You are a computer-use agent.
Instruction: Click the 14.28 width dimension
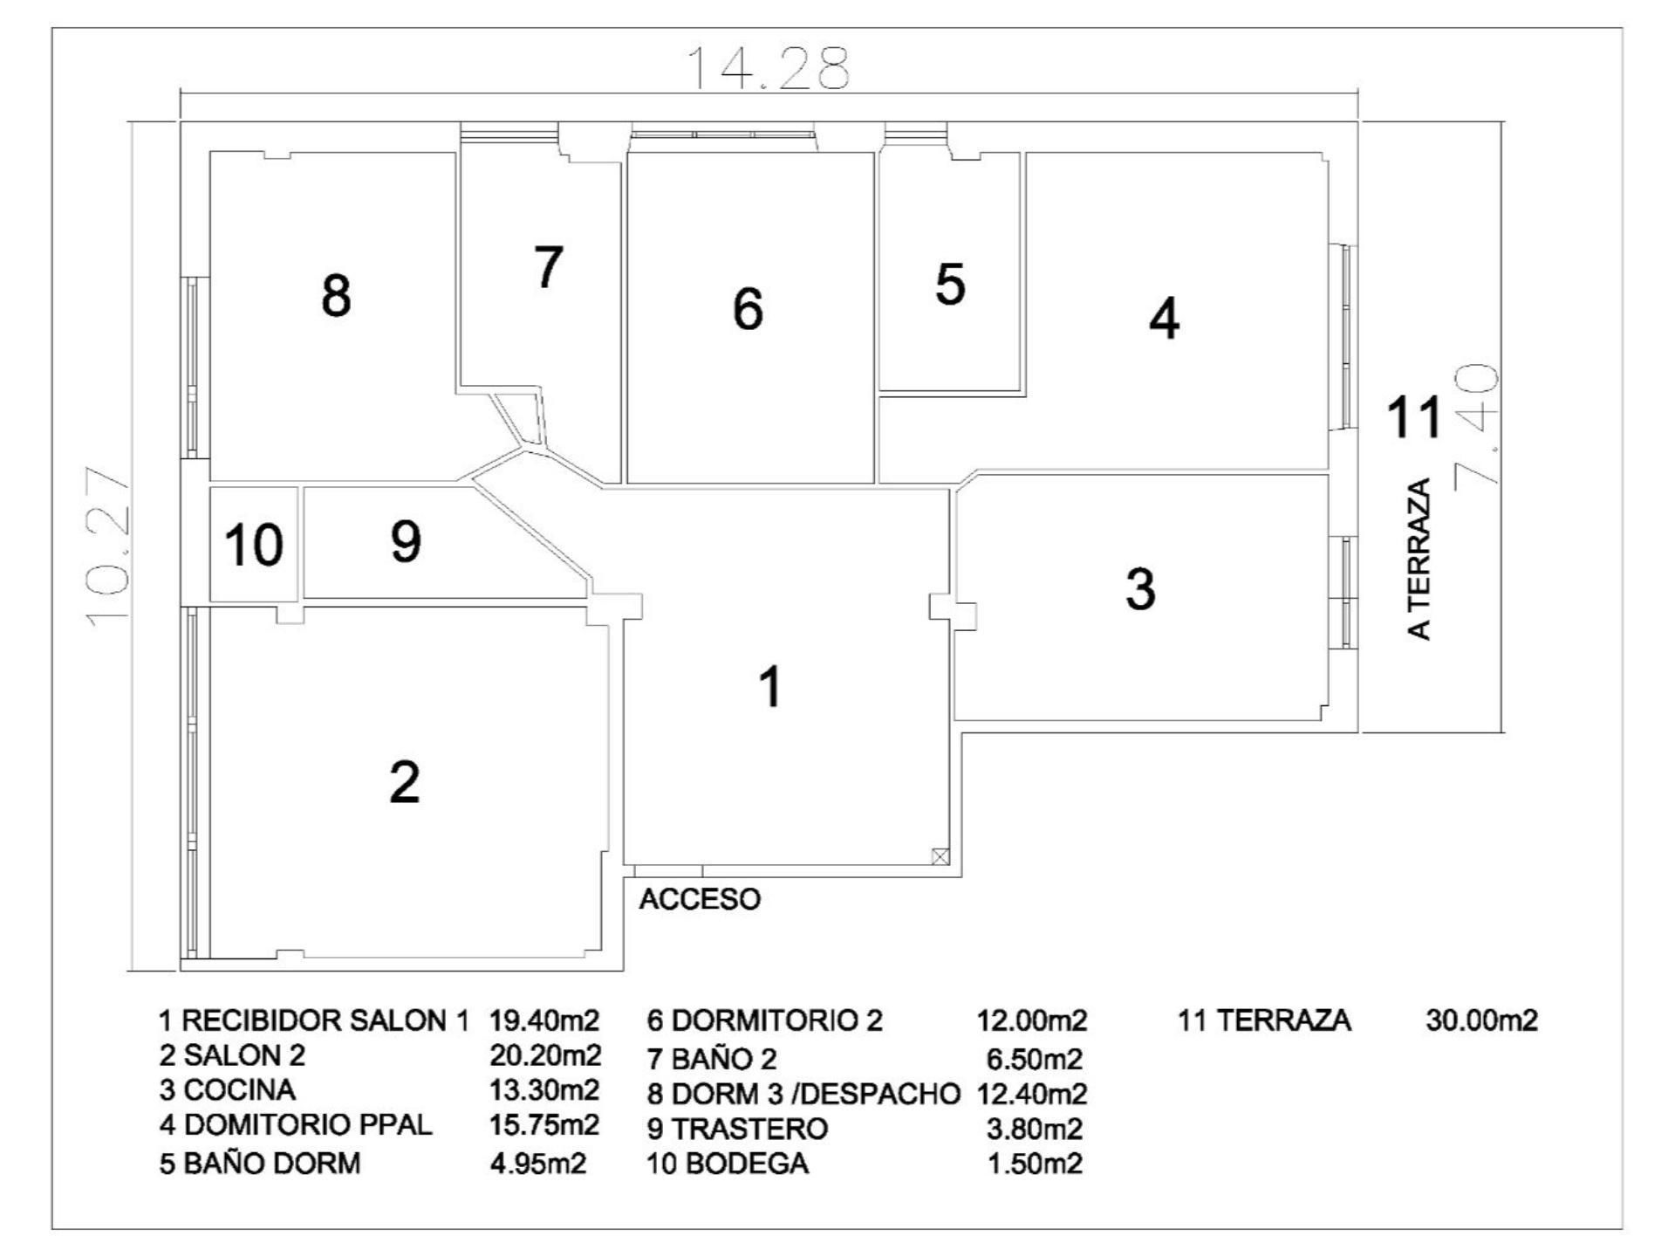[x=768, y=69]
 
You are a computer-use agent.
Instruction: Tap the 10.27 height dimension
[x=109, y=546]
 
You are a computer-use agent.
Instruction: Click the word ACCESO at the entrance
[x=700, y=899]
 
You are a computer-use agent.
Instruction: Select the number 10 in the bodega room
[x=253, y=545]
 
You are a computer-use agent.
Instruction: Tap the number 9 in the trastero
[x=406, y=541]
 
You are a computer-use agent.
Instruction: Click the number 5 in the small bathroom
[x=950, y=285]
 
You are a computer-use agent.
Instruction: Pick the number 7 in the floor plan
[x=548, y=267]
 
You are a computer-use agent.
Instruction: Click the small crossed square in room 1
[x=940, y=856]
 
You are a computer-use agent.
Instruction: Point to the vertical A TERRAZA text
[x=1421, y=559]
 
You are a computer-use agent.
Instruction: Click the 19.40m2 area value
[x=544, y=1020]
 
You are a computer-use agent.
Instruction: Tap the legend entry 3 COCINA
[x=227, y=1089]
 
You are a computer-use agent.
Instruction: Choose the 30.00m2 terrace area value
[x=1481, y=1020]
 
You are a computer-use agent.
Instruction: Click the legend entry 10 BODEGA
[x=728, y=1164]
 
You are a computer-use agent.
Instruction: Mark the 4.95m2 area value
[x=537, y=1164]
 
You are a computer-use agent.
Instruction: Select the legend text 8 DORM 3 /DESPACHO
[x=803, y=1094]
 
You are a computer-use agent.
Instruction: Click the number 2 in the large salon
[x=404, y=782]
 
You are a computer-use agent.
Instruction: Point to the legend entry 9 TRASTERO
[x=737, y=1129]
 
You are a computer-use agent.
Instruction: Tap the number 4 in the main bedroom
[x=1164, y=319]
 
